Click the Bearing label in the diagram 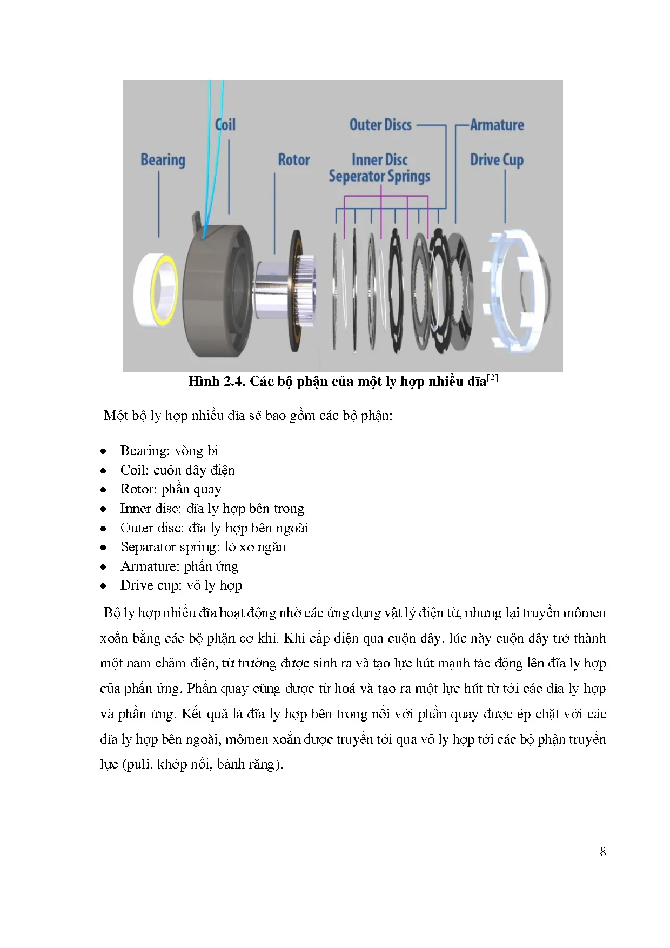point(163,160)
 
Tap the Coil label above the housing point(225,125)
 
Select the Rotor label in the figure point(294,160)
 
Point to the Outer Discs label point(380,125)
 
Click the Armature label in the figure point(497,125)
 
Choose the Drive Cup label point(497,160)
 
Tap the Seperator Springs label point(379,177)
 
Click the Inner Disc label point(379,160)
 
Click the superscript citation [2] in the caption point(492,378)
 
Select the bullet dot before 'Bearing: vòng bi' point(103,451)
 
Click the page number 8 point(602,852)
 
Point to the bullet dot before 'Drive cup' point(103,586)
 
